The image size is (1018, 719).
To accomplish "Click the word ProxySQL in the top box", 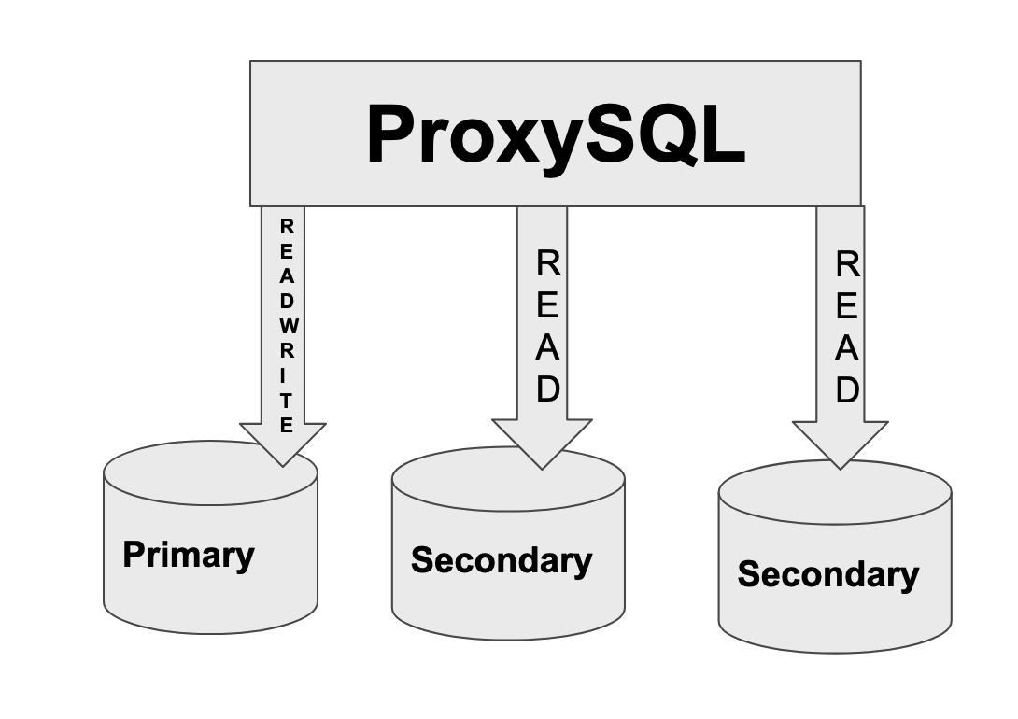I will (556, 135).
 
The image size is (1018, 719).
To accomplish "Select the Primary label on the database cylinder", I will (188, 555).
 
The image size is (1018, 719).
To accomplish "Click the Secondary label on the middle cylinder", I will (502, 560).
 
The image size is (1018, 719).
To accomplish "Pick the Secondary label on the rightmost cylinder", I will (827, 573).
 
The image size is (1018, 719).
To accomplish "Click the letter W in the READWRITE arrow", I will (288, 326).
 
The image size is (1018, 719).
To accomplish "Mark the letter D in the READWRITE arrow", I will (287, 301).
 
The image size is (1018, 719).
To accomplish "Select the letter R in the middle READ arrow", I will (548, 264).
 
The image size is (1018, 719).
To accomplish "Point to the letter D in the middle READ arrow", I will (547, 388).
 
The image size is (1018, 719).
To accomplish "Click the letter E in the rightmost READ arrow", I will (847, 306).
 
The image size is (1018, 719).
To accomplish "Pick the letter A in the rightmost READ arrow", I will (847, 348).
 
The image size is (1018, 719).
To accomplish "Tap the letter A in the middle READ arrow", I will (547, 347).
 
